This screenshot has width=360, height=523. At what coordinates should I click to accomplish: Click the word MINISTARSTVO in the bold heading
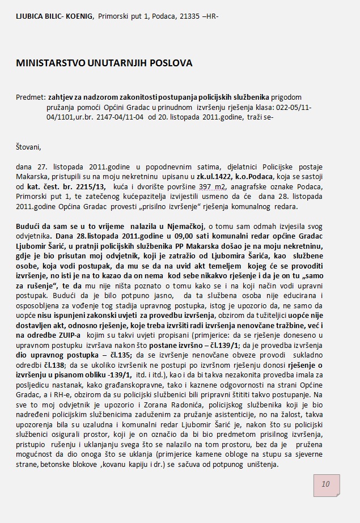[x=52, y=63]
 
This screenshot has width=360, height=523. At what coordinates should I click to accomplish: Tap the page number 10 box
[x=325, y=484]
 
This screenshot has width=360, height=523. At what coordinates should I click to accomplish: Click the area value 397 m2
[x=209, y=186]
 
